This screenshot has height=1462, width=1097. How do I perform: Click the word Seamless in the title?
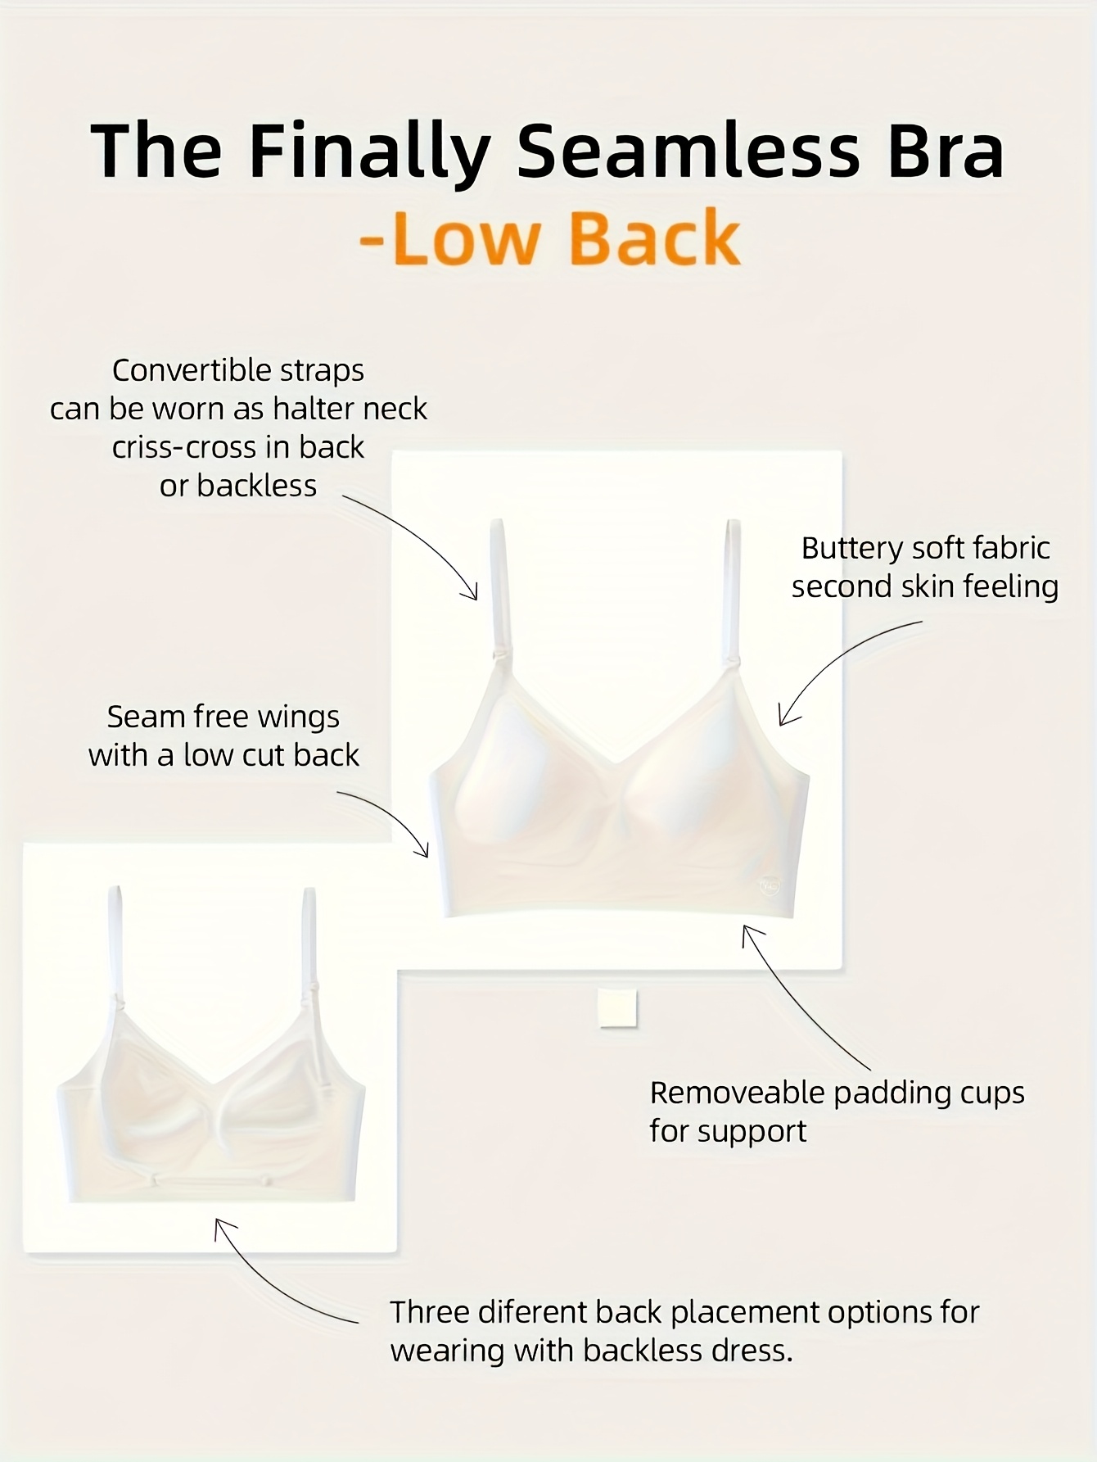click(688, 151)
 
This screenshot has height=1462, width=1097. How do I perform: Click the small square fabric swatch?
click(617, 1007)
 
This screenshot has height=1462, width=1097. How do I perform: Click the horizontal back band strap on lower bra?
click(211, 1179)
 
